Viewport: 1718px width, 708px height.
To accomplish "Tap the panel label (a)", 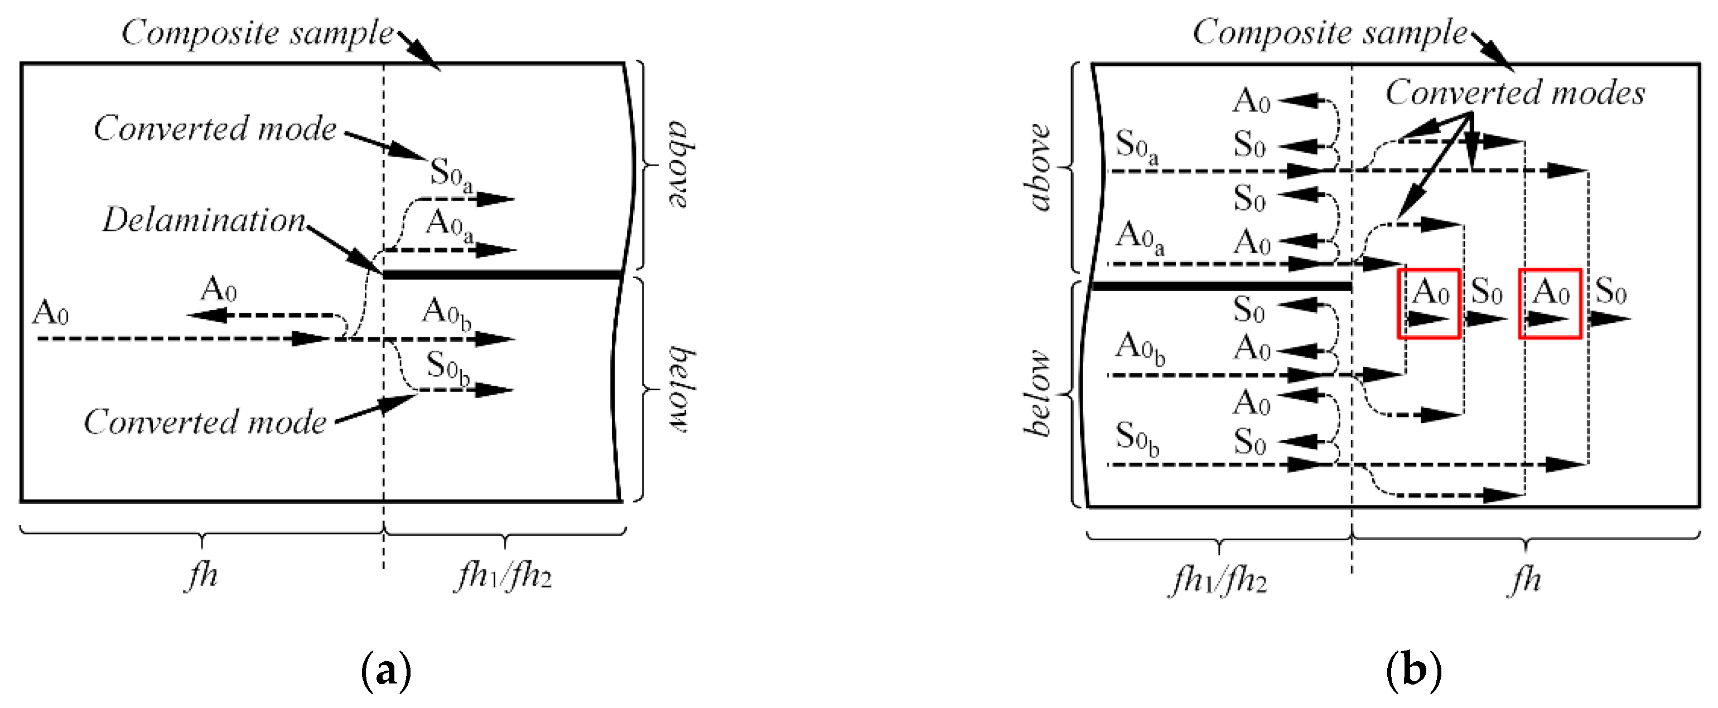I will click(385, 671).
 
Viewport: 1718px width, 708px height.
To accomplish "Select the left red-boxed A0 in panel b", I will click(1429, 303).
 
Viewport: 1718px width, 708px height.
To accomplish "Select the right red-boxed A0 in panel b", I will click(1550, 303).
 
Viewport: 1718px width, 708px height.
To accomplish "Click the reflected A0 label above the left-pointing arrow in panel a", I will click(219, 290).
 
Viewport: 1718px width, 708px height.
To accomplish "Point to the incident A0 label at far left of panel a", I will click(51, 312).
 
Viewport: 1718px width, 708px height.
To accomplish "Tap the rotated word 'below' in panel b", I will click(1037, 394).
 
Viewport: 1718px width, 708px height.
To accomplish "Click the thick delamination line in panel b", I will click(1220, 287).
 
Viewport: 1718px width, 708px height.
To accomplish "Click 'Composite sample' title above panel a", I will click(257, 32).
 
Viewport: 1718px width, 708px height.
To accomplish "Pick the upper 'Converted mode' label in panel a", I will click(215, 128).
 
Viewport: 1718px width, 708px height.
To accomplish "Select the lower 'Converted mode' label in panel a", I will click(205, 421).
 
